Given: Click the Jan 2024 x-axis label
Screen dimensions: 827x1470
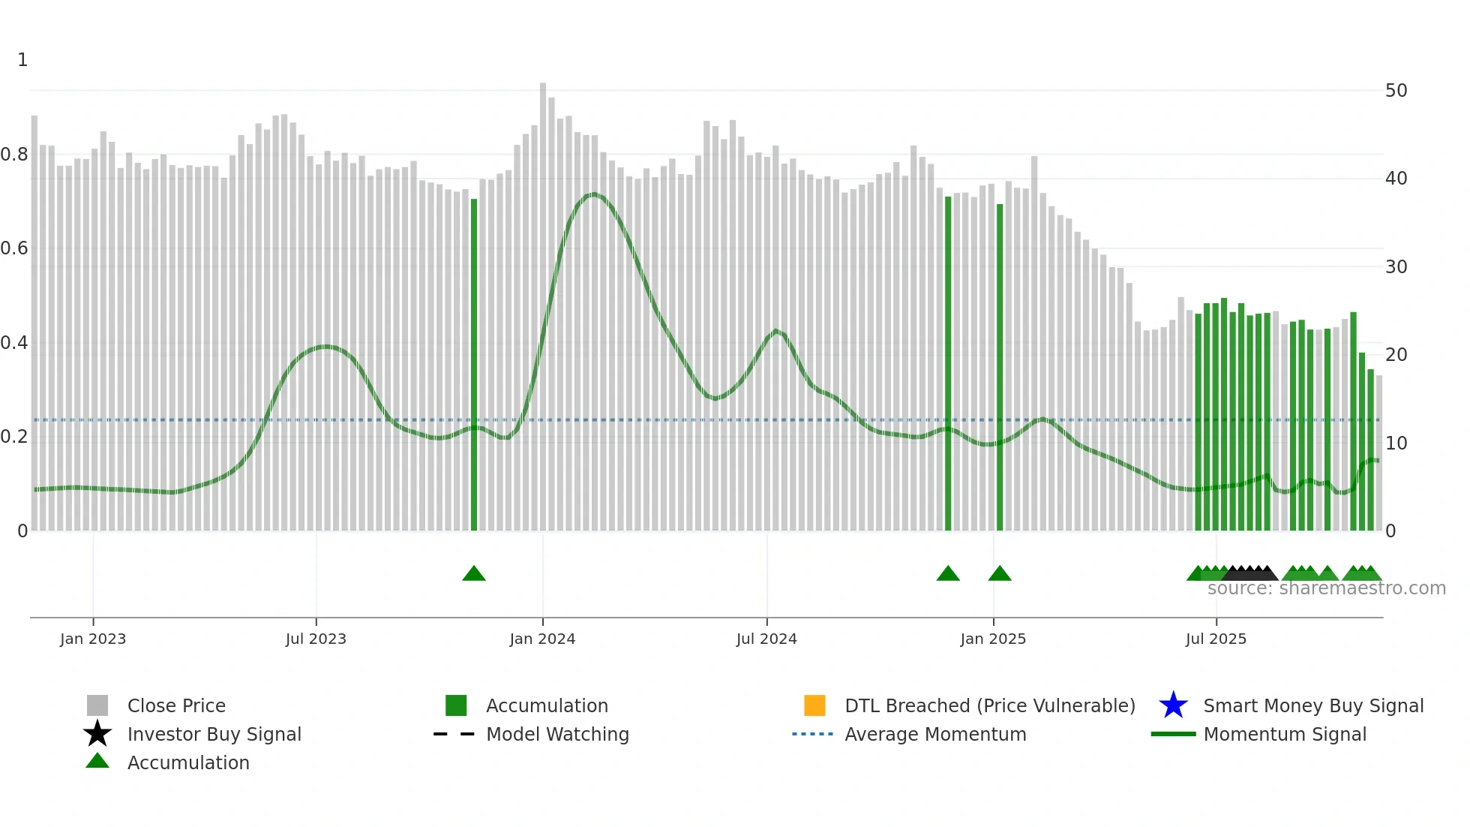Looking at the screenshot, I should pyautogui.click(x=542, y=639).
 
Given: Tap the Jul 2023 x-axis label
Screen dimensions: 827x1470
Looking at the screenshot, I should pyautogui.click(x=316, y=639).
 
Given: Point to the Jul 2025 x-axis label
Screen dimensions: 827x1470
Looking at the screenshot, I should pyautogui.click(x=1216, y=639).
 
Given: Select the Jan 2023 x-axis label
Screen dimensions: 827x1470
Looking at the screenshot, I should pyautogui.click(x=93, y=639).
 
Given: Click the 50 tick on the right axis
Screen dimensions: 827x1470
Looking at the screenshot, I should pyautogui.click(x=1396, y=91).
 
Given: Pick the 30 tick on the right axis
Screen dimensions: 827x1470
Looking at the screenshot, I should pyautogui.click(x=1396, y=267).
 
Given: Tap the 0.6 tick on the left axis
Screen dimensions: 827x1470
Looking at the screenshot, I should pyautogui.click(x=14, y=248).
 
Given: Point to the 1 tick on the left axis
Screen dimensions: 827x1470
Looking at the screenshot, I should pyautogui.click(x=22, y=60).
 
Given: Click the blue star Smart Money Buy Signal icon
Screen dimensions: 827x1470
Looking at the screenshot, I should pyautogui.click(x=1173, y=705).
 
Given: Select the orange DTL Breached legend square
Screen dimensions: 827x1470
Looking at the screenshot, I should pyautogui.click(x=814, y=705).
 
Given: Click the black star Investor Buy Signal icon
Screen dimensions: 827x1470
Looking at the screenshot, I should pyautogui.click(x=97, y=734).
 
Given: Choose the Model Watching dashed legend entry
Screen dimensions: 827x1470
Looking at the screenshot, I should pyautogui.click(x=454, y=734).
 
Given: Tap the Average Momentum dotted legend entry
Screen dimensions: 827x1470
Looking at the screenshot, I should pyautogui.click(x=813, y=734).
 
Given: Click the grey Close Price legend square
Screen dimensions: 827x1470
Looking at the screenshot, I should pyautogui.click(x=97, y=705).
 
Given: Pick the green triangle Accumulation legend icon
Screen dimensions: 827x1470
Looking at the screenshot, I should pyautogui.click(x=97, y=761).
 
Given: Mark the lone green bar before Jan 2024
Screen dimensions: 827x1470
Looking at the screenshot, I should pyautogui.click(x=474, y=360).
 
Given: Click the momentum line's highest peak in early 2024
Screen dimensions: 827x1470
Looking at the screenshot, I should pyautogui.click(x=594, y=194).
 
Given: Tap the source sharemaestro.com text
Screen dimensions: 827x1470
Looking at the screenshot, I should pyautogui.click(x=1326, y=588).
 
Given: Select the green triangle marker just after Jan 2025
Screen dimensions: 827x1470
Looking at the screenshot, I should pyautogui.click(x=1000, y=574).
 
